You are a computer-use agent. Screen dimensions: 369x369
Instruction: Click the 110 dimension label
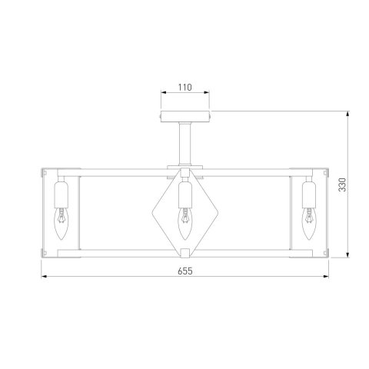tap(184, 88)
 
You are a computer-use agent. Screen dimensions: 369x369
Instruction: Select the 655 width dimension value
tap(184, 271)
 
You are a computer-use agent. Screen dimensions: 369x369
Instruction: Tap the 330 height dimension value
tap(342, 184)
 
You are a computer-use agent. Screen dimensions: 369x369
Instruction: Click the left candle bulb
tap(61, 224)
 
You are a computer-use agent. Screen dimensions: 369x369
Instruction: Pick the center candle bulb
tap(184, 224)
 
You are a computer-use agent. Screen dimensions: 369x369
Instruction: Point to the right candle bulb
tap(309, 224)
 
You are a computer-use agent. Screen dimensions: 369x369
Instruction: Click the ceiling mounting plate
tap(185, 117)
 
